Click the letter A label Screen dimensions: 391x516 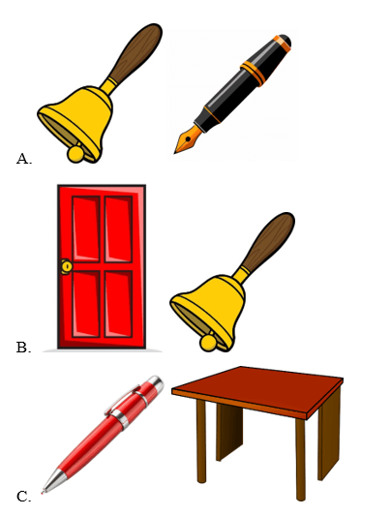[23, 159]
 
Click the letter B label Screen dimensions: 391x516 [23, 348]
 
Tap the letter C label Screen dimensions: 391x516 [23, 497]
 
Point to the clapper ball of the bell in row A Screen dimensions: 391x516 [75, 154]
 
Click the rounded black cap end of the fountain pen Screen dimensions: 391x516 [285, 42]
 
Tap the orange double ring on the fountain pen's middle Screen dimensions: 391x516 [253, 74]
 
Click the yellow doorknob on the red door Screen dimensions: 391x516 [67, 266]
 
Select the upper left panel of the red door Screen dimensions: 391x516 [86, 228]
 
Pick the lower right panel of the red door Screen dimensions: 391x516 [118, 304]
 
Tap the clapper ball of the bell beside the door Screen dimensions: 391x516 [208, 343]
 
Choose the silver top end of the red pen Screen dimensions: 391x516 [156, 383]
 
